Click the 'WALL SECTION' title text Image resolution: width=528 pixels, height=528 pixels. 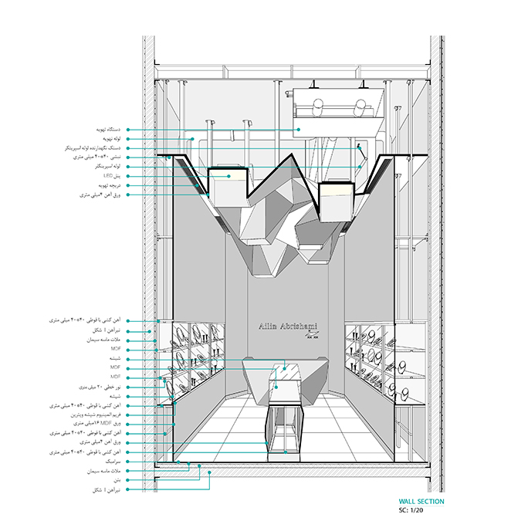(x=421, y=502)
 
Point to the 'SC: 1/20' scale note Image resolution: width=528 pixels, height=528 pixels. (x=414, y=510)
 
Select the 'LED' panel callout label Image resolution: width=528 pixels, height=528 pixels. (x=107, y=176)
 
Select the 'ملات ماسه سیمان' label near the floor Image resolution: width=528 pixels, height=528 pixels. (x=100, y=470)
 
